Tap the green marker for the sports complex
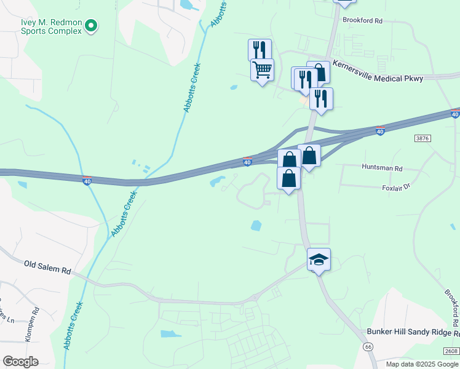91,26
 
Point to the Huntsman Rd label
382,167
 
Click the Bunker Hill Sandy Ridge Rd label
413,332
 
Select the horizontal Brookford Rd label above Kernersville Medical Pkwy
363,20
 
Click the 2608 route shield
450,351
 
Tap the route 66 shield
368,347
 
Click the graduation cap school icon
319,259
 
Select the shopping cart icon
262,69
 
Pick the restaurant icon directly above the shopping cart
260,49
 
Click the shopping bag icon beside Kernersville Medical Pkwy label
319,72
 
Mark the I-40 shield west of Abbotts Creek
87,180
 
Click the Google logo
20,362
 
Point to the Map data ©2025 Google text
422,364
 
